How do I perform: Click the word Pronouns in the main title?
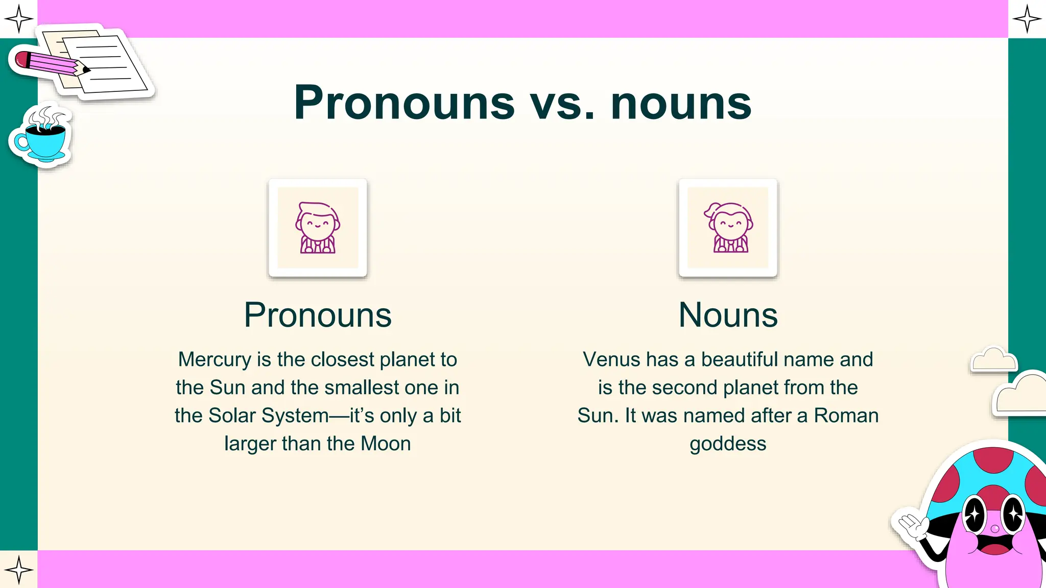(x=404, y=104)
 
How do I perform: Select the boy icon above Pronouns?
(x=318, y=228)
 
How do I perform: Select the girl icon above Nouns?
(x=728, y=228)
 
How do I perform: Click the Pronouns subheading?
(x=318, y=315)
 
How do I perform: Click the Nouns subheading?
(x=728, y=315)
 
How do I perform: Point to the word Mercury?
(x=215, y=360)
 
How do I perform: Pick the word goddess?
(x=728, y=444)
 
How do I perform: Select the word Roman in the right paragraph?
(x=846, y=415)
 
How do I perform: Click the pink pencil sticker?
(x=49, y=63)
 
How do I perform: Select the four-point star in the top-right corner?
(x=1027, y=19)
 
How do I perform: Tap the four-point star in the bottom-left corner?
(x=19, y=569)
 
